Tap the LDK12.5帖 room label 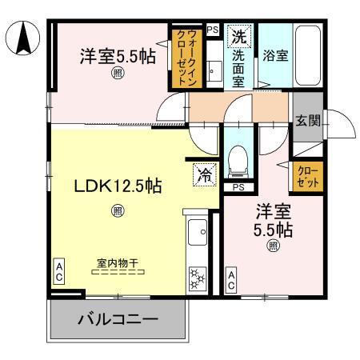(118, 186)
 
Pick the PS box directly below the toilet (238, 188)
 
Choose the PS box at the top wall (212, 29)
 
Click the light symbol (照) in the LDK (118, 211)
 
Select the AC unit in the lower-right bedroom (230, 281)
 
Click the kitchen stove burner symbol (196, 279)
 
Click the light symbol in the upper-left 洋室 (118, 73)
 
